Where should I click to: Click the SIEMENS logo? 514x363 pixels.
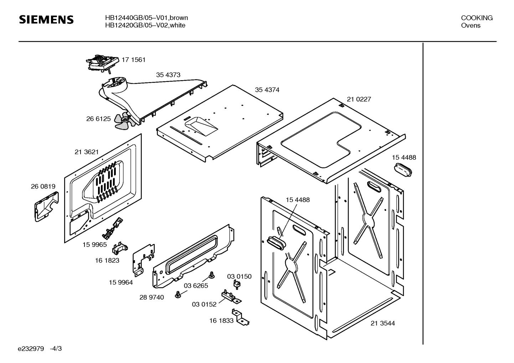pyautogui.click(x=46, y=20)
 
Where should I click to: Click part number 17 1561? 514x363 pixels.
pyautogui.click(x=133, y=60)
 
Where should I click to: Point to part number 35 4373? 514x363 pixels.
pyautogui.click(x=168, y=75)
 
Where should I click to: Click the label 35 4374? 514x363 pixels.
pyautogui.click(x=267, y=90)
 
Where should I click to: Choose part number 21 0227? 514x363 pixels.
pyautogui.click(x=359, y=99)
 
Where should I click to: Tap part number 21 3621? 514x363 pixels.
pyautogui.click(x=87, y=152)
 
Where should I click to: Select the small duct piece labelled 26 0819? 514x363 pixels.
pyautogui.click(x=46, y=207)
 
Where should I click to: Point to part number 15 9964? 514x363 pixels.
pyautogui.click(x=120, y=282)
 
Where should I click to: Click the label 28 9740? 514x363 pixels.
pyautogui.click(x=151, y=297)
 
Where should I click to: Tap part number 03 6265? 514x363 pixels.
pyautogui.click(x=196, y=286)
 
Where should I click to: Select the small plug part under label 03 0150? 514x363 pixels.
pyautogui.click(x=236, y=284)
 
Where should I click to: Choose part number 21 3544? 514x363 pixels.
pyautogui.click(x=382, y=323)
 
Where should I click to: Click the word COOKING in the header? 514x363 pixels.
pyautogui.click(x=477, y=18)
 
